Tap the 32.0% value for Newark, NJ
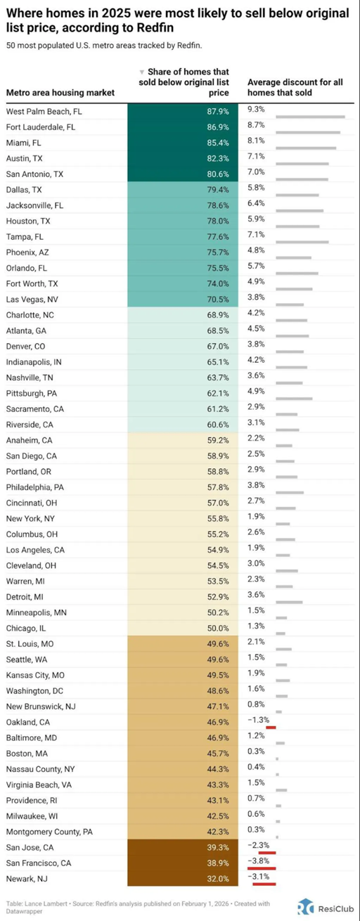coord(218,878)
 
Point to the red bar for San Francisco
coord(262,868)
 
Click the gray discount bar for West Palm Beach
coord(310,117)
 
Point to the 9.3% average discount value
coord(256,109)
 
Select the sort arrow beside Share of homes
coord(143,72)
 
